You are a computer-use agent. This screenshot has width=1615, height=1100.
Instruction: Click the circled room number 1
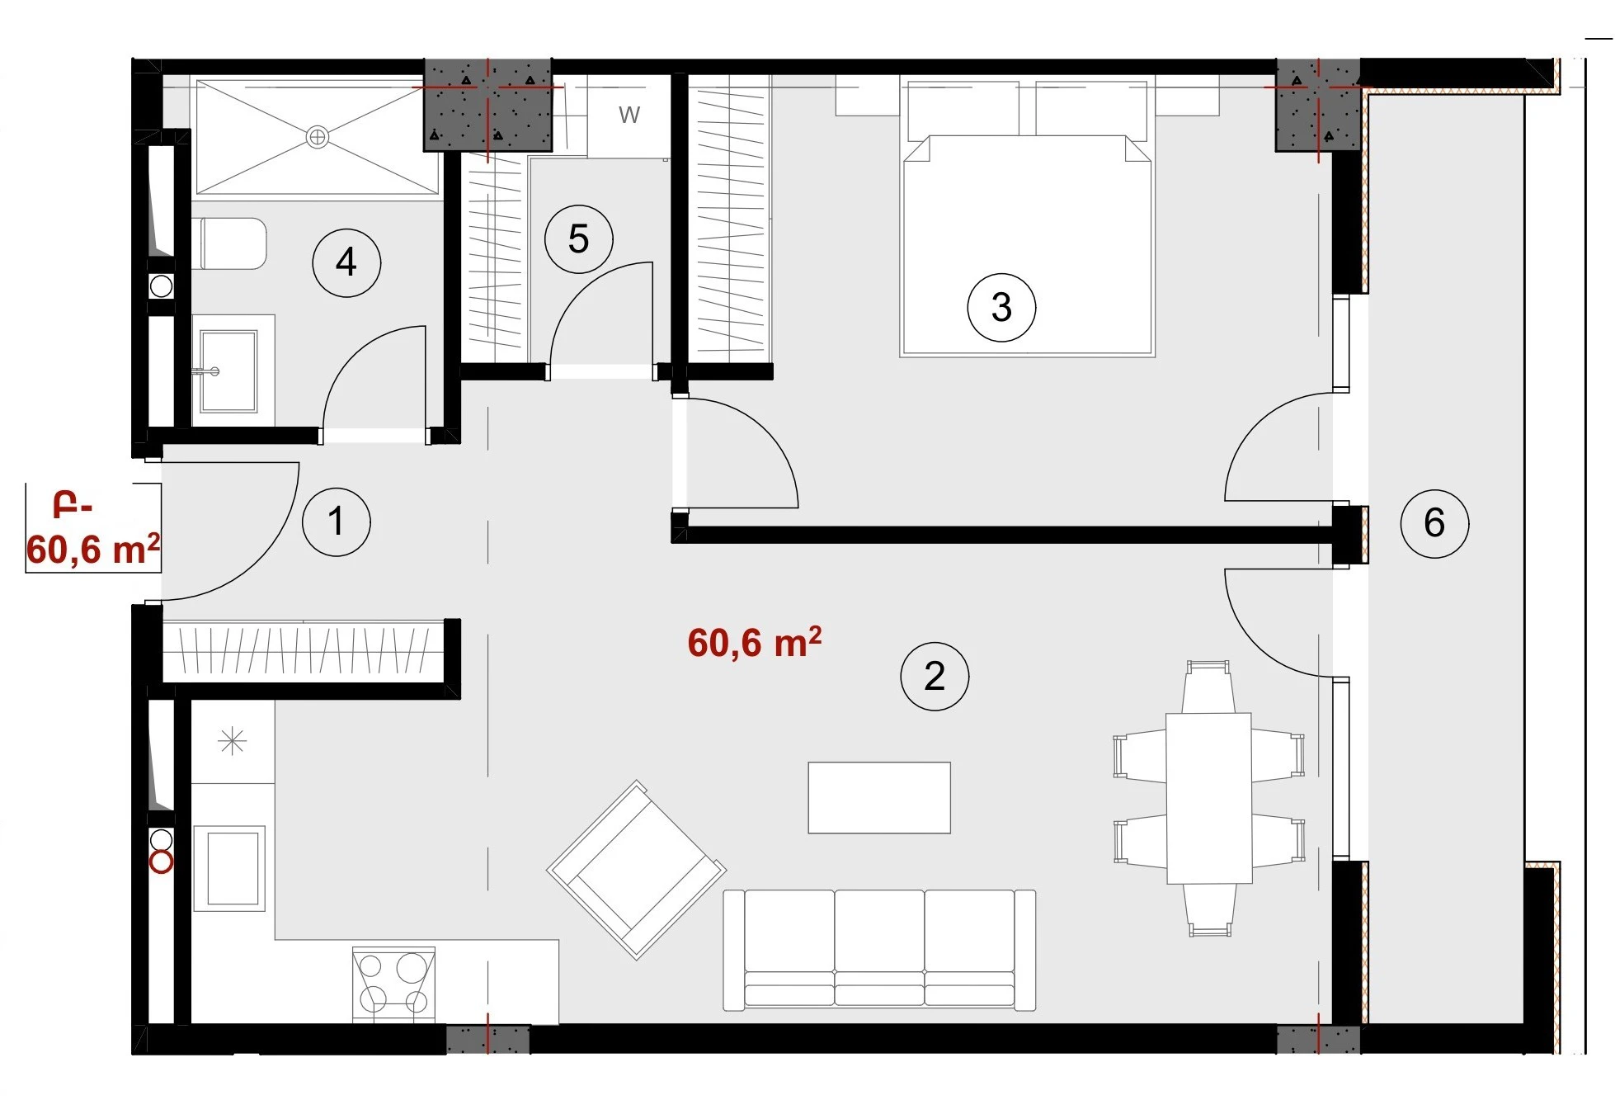click(337, 522)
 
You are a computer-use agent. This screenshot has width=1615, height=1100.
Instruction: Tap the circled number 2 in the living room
click(935, 676)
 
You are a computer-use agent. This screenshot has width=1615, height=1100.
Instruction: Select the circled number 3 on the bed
click(1001, 307)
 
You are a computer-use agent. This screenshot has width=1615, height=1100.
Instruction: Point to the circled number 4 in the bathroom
click(346, 262)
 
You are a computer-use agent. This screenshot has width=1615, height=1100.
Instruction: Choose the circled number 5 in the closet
click(579, 239)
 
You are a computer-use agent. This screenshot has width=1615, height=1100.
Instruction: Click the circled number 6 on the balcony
click(1434, 522)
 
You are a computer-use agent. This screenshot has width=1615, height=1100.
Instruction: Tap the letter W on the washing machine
click(629, 115)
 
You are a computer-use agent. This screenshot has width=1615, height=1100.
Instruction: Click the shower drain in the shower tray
click(318, 137)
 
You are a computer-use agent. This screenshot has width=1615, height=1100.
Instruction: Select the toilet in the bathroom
click(230, 243)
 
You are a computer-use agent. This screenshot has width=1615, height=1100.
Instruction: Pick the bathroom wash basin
click(228, 371)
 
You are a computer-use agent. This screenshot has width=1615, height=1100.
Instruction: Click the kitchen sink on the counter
click(229, 868)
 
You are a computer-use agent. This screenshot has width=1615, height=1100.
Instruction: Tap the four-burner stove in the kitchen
click(393, 984)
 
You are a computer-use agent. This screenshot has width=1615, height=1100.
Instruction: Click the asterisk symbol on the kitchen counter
click(233, 741)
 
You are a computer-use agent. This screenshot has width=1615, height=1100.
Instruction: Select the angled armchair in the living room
click(636, 870)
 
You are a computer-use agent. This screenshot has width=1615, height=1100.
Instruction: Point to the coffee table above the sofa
click(879, 797)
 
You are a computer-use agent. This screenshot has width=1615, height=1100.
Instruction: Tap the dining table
click(1208, 798)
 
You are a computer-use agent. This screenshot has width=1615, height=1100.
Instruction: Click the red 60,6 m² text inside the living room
click(755, 643)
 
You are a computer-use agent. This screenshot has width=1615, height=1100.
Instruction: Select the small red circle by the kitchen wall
click(162, 863)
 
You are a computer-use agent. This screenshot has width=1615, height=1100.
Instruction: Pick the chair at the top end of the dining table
click(1208, 687)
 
